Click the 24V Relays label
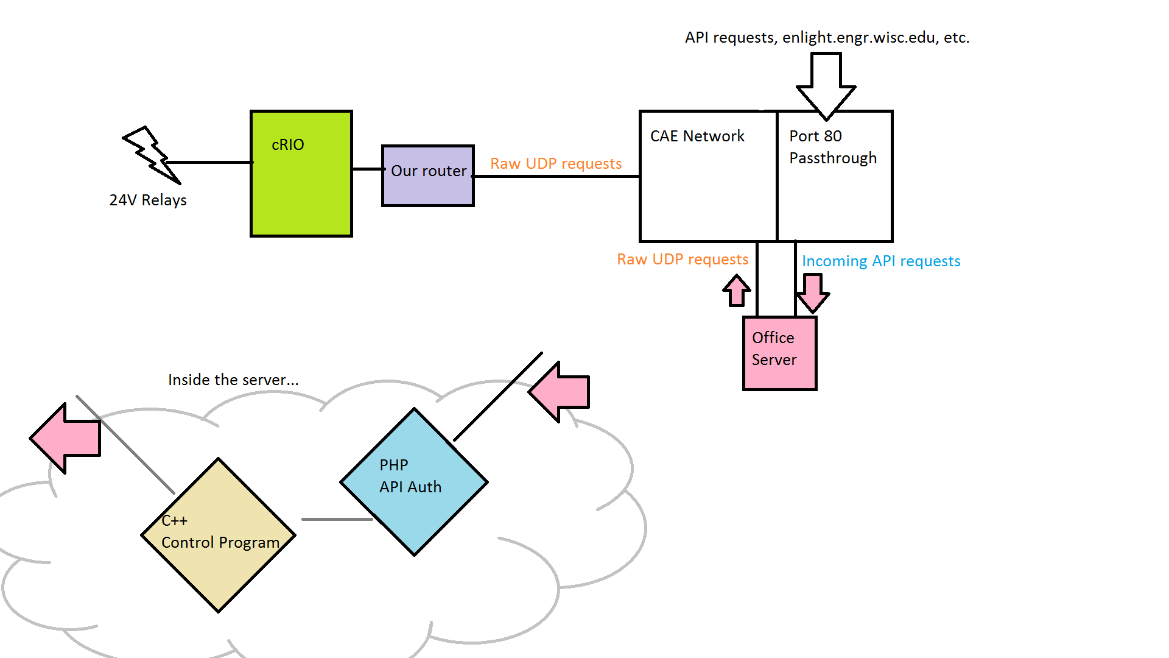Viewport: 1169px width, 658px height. (148, 200)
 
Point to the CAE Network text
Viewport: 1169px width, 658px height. (697, 136)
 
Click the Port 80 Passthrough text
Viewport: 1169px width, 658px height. (832, 147)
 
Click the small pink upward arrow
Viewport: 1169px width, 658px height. (737, 291)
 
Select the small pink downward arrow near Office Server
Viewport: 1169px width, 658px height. (813, 292)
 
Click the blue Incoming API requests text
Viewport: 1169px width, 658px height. (880, 261)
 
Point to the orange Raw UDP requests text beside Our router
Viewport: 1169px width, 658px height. (556, 164)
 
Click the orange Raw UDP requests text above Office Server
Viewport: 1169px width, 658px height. (682, 260)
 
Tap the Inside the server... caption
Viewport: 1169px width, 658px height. (233, 380)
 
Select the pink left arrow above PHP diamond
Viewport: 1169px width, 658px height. (560, 392)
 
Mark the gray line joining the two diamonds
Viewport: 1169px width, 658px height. (337, 520)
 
